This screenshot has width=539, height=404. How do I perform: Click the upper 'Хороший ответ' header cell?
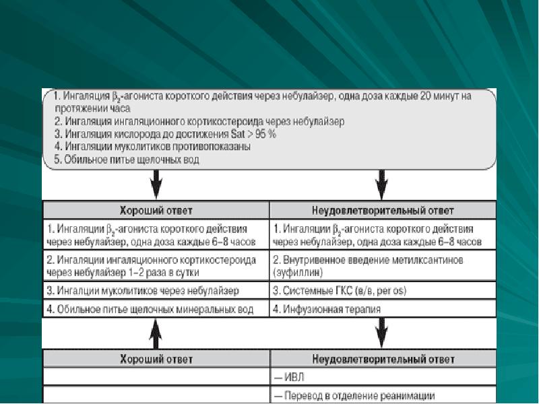[156, 210]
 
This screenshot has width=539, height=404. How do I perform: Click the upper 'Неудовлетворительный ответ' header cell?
[383, 210]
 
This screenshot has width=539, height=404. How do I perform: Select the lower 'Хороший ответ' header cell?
[156, 359]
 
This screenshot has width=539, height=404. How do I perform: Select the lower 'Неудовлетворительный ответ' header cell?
[383, 359]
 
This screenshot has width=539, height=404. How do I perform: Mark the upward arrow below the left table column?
[156, 331]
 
